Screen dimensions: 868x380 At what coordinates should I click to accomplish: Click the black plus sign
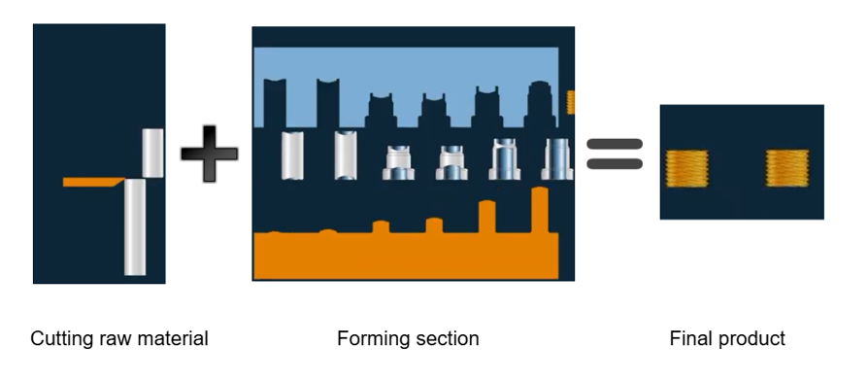coord(210,154)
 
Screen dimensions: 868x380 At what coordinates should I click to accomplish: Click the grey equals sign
coord(615,154)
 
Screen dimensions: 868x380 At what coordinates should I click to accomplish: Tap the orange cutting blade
coord(93,182)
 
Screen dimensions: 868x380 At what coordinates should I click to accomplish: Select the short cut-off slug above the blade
coord(152,153)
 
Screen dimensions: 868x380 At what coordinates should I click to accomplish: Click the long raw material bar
coord(135,226)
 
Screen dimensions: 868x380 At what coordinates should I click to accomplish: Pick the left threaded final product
coord(686,168)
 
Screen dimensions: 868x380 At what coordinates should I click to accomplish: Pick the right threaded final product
coord(787,168)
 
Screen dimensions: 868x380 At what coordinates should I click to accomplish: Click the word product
coord(751,339)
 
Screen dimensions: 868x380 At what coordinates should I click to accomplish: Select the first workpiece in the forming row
coord(292,155)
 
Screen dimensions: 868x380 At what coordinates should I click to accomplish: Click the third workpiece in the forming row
coord(398,162)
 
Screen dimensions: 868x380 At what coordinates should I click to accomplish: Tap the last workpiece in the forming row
coord(557,159)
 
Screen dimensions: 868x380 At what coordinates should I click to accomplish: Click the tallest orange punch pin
coord(540,210)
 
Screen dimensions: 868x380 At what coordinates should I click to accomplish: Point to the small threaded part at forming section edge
coord(570,102)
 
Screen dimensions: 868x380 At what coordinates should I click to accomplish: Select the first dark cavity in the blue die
coord(275,103)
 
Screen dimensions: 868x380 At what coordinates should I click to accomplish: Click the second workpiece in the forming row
coord(346,155)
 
